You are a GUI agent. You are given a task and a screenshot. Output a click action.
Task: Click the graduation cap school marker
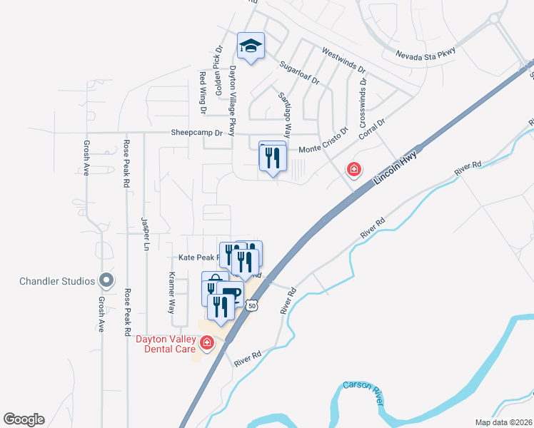pyautogui.click(x=251, y=46)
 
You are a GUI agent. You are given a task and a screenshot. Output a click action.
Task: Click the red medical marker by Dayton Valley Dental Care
pyautogui.click(x=207, y=344)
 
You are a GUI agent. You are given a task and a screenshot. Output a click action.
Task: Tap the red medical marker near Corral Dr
pyautogui.click(x=353, y=169)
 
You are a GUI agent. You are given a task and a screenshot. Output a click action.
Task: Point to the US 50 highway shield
pyautogui.click(x=251, y=305)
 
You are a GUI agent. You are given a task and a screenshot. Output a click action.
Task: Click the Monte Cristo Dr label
pyautogui.click(x=323, y=141)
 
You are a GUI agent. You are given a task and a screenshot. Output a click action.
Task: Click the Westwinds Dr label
pyautogui.click(x=343, y=61)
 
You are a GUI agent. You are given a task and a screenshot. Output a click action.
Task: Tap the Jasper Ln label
pyautogui.click(x=146, y=234)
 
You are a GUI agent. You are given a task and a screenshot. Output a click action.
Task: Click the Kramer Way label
pyautogui.click(x=171, y=292)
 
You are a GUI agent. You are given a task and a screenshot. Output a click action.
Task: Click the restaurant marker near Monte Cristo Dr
pyautogui.click(x=272, y=156)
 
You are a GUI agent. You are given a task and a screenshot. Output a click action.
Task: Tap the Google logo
pyautogui.click(x=24, y=419)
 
